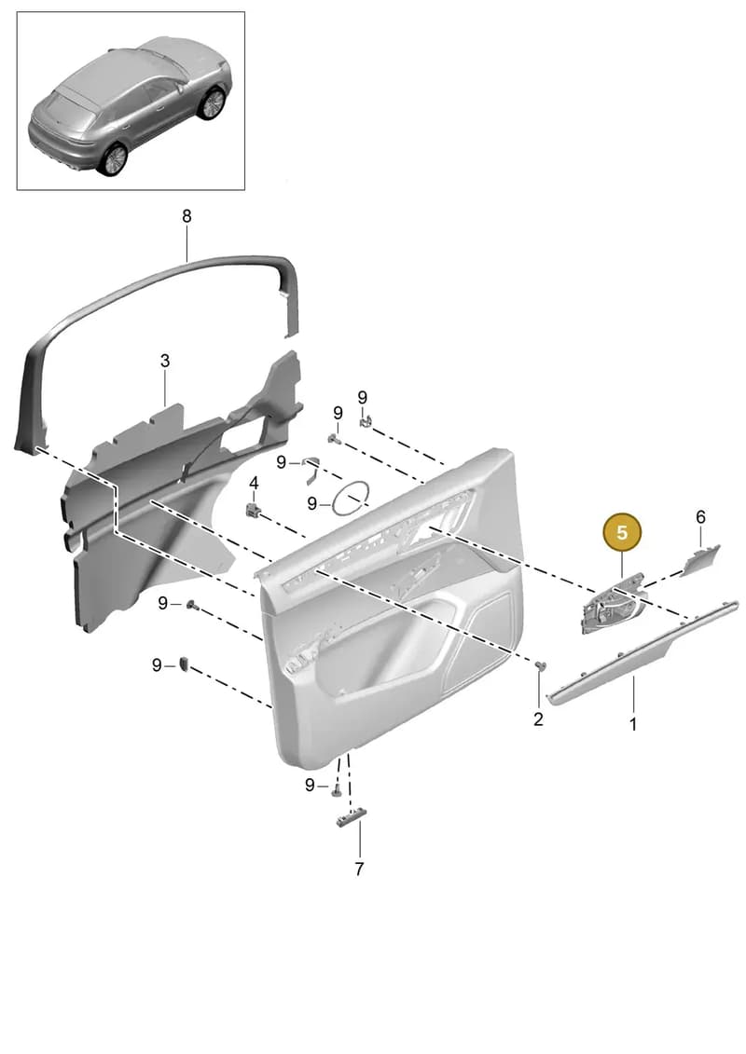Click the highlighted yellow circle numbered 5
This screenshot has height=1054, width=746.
[x=622, y=533]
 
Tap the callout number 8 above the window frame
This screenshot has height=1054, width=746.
[x=186, y=216]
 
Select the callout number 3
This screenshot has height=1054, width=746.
[x=165, y=361]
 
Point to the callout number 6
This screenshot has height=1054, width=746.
[x=700, y=517]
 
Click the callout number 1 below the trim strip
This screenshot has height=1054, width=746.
[x=632, y=725]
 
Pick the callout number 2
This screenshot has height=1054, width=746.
[x=538, y=719]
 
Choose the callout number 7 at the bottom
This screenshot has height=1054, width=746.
[x=359, y=869]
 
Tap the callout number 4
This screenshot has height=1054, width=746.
[x=254, y=484]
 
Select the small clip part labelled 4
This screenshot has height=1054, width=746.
[x=253, y=510]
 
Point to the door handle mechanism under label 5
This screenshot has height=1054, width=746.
[x=610, y=604]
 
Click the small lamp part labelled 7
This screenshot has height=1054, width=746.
[x=352, y=818]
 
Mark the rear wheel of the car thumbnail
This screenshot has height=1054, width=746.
[x=112, y=158]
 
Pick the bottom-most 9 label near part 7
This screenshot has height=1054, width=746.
[x=310, y=785]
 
